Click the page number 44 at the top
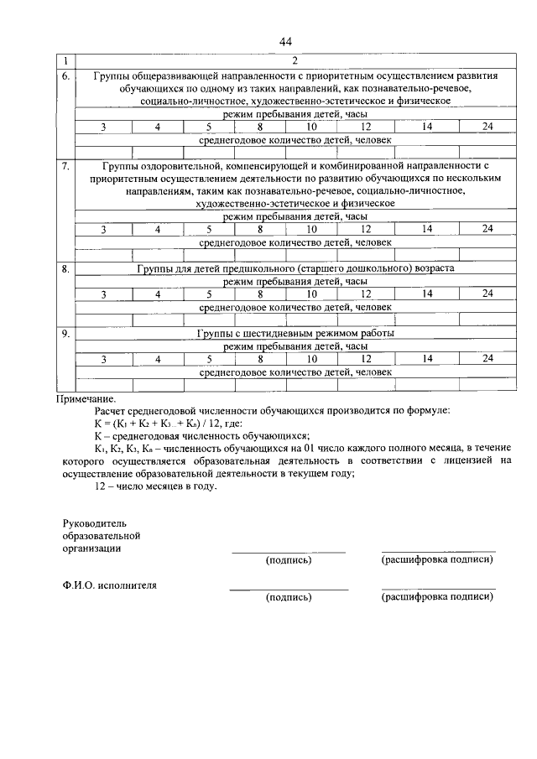pos(284,42)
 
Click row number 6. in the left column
pos(65,75)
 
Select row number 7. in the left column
pos(65,166)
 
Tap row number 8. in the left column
pos(65,269)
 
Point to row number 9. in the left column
pos(65,334)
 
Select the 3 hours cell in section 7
pos(102,228)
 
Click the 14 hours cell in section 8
pos(427,293)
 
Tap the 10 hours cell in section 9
pos(310,358)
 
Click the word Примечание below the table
pos(86,399)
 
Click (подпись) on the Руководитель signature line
pos(288,559)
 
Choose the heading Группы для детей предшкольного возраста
pos(295,269)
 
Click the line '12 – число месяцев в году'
pos(156,486)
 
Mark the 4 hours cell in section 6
pos(156,126)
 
